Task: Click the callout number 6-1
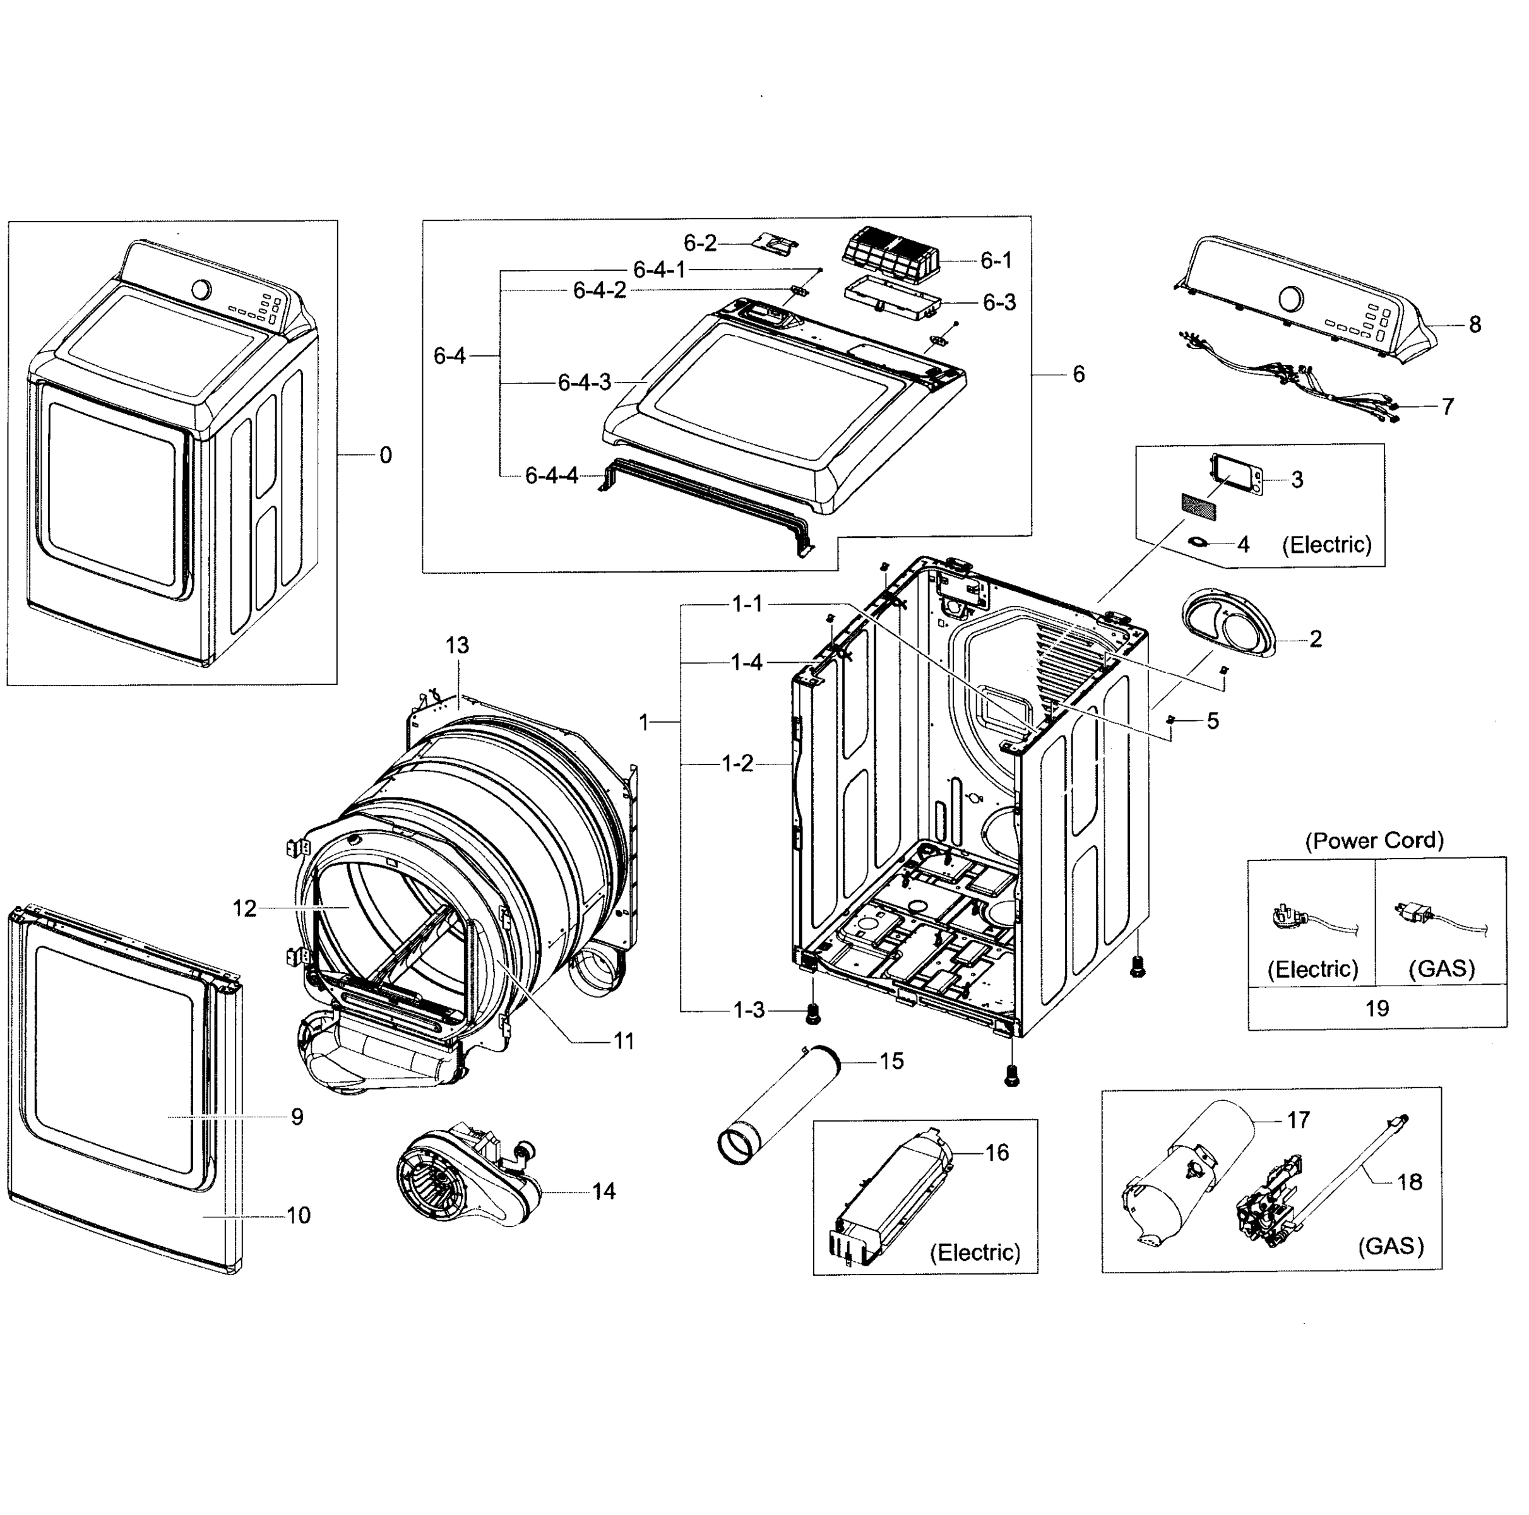996,261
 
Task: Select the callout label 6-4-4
552,477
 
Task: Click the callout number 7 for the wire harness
1447,407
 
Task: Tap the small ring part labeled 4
1199,542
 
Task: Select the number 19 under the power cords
1376,1008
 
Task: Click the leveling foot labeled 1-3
811,1013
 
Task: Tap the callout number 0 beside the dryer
386,455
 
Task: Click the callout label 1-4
746,663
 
